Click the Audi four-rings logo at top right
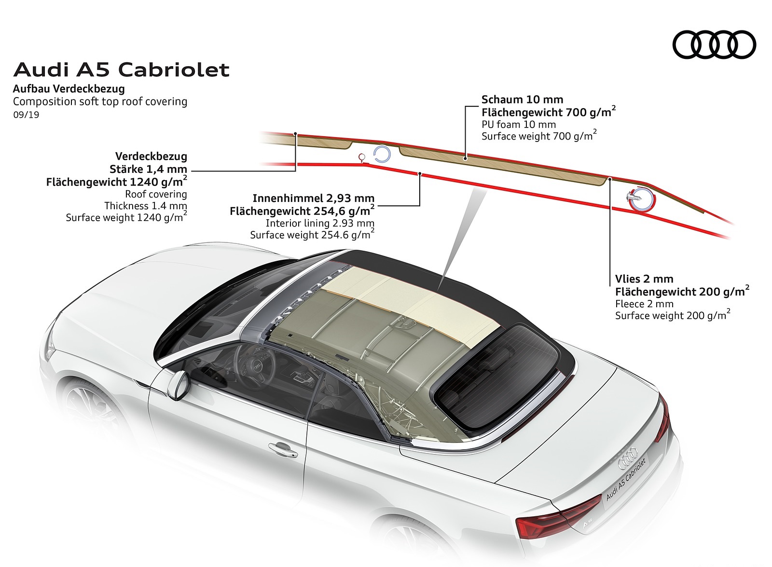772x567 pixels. [714, 45]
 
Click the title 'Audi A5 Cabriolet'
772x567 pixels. [122, 70]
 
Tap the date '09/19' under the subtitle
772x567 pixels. [26, 115]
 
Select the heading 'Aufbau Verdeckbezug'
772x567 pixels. [69, 89]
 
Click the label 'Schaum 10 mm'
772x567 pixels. [522, 99]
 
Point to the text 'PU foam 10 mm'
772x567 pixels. [519, 124]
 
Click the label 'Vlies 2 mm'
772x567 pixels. [644, 279]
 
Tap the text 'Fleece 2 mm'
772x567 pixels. [644, 304]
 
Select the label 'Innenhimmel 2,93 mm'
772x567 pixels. [314, 198]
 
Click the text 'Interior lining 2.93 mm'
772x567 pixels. [320, 223]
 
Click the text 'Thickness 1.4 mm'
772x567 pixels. [146, 206]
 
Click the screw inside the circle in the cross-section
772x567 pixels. [634, 197]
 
